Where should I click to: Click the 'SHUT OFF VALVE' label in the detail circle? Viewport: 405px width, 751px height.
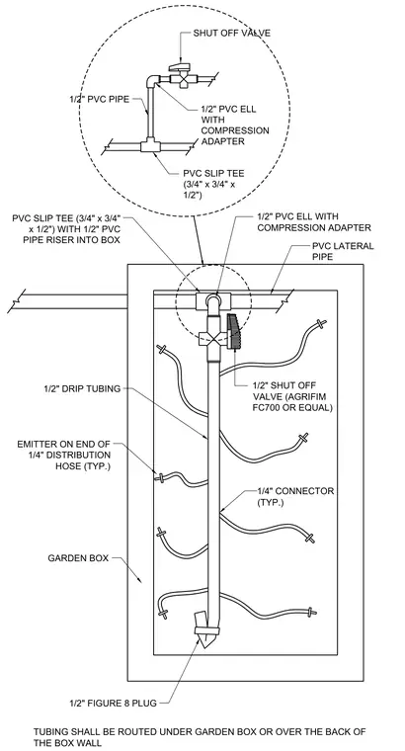pos(232,33)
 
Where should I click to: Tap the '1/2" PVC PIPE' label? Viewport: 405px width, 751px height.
pos(99,99)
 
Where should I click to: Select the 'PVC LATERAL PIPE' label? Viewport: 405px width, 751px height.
pos(343,251)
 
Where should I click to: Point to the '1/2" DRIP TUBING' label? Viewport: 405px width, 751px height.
pos(82,388)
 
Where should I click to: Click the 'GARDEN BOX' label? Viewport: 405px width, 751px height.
pos(78,558)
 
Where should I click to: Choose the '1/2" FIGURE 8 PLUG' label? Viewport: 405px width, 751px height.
pos(113,704)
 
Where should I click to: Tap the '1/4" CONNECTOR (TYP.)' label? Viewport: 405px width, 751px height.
pos(296,497)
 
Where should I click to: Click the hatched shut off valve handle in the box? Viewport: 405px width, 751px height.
pos(234,331)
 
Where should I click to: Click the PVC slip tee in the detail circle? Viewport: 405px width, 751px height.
pos(150,145)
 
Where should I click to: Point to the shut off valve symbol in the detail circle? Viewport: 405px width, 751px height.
pos(180,74)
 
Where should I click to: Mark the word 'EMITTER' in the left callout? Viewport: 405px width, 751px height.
pos(37,444)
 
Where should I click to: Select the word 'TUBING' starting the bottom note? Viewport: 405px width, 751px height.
pos(49,732)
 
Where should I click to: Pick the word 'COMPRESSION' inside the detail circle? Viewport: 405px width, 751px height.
pos(234,130)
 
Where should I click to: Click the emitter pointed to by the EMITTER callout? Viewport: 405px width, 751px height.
pos(161,477)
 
